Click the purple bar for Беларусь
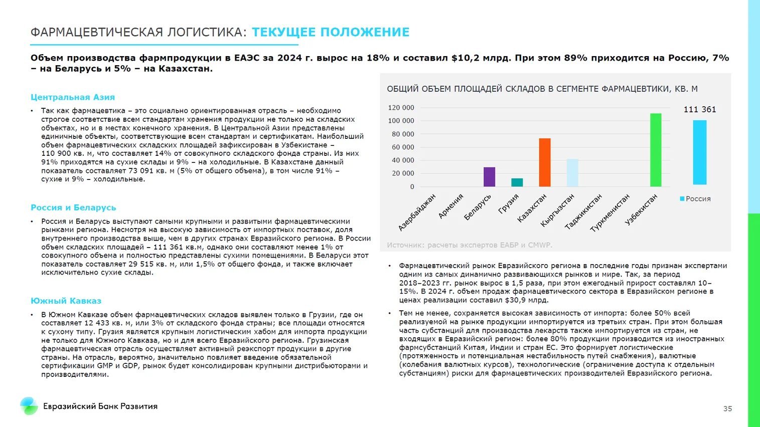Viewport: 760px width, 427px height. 489,177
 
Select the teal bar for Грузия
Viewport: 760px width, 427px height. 517,182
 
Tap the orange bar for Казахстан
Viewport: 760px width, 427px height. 545,162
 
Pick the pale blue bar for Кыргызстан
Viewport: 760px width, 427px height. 572,173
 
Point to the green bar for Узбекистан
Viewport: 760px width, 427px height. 656,150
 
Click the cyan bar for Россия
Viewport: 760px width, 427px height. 700,152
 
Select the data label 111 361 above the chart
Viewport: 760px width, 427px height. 700,109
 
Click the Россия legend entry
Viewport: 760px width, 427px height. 695,199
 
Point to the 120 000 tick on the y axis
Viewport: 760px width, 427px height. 401,108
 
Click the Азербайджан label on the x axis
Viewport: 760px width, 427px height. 417,212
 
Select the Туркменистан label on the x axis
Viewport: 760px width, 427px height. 610,213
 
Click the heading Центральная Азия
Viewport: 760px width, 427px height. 73,97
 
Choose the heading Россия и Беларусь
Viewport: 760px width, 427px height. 73,207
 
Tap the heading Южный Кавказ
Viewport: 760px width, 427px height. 66,301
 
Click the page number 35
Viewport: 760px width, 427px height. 727,409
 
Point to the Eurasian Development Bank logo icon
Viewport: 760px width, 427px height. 29,406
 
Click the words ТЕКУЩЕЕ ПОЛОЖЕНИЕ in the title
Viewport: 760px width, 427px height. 331,32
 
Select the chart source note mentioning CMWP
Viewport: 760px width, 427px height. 469,245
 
